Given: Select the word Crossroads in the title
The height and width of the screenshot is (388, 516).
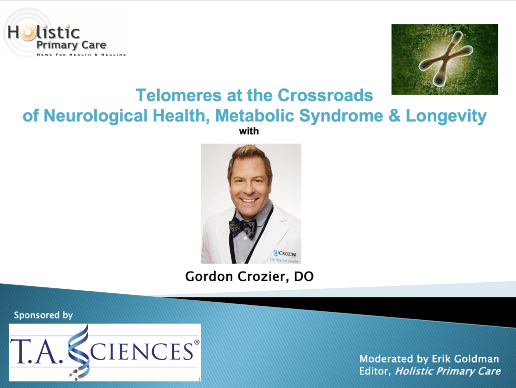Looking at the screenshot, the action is tap(325, 95).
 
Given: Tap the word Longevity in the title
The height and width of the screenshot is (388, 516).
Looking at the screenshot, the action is tap(446, 116).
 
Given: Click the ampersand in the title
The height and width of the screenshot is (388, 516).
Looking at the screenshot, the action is tap(394, 116).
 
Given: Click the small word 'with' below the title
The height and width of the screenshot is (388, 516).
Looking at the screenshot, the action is tap(249, 131).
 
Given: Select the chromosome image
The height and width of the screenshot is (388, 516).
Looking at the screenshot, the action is tap(444, 59).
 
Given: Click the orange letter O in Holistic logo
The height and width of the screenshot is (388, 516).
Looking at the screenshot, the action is tap(28, 33).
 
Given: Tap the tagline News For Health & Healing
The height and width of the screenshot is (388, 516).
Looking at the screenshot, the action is tap(81, 54).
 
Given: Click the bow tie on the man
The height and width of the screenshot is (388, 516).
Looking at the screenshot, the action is tap(243, 227).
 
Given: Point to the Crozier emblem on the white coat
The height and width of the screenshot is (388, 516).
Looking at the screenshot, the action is tap(276, 253).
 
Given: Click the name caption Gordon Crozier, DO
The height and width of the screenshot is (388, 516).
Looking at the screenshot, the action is tap(249, 277).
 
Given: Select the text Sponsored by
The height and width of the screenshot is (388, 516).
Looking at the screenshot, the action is tap(43, 315).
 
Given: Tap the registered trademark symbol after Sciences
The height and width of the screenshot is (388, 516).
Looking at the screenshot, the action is tap(197, 342).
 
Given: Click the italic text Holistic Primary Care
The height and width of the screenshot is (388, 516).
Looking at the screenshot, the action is tap(447, 371).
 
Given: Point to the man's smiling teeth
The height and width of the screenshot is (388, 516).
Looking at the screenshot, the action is tap(249, 200).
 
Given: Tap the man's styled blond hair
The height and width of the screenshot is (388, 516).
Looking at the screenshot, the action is tap(248, 156).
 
